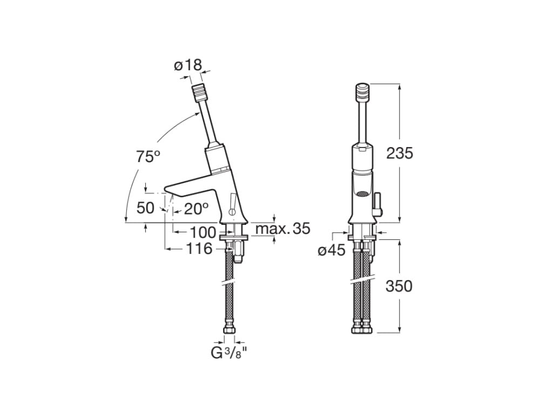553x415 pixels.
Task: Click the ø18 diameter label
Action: [187, 66]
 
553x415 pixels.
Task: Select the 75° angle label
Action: [147, 157]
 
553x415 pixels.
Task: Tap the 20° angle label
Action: [195, 209]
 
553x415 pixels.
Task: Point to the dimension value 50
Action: [145, 208]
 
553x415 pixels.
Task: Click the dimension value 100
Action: [203, 232]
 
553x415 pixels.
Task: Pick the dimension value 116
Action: [199, 249]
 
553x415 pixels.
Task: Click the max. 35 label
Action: [282, 229]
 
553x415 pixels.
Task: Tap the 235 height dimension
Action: [399, 153]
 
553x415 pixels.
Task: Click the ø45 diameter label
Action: [331, 251]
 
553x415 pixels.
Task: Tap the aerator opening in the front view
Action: [361, 193]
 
